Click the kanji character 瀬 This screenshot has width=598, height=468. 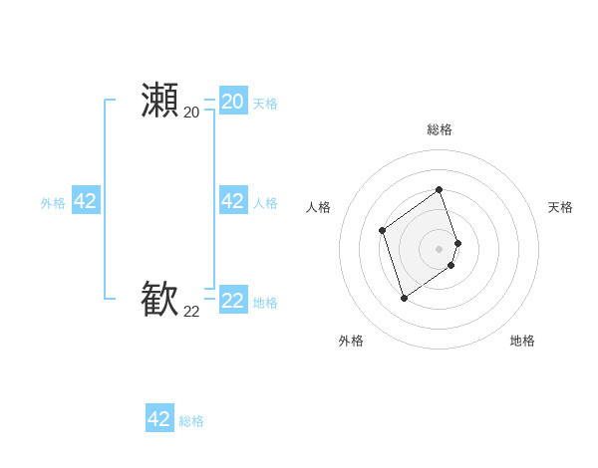click(x=159, y=101)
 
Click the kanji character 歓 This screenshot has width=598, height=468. click(x=159, y=299)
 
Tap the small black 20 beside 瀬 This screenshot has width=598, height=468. click(x=191, y=112)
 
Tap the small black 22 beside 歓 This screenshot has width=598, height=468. click(x=191, y=312)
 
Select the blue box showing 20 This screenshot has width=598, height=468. click(x=232, y=101)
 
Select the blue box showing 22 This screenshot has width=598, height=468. click(x=232, y=300)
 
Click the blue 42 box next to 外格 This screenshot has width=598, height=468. click(x=85, y=201)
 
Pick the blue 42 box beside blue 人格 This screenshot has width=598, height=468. click(x=232, y=201)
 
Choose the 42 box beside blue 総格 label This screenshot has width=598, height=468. click(x=159, y=419)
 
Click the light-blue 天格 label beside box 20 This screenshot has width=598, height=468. click(x=265, y=104)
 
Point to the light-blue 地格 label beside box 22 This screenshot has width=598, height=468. click(x=265, y=303)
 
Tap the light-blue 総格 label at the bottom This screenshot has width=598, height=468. click(x=191, y=422)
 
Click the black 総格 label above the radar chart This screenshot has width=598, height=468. click(x=440, y=129)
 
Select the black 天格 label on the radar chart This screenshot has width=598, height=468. click(x=560, y=207)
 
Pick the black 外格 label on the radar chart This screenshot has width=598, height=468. click(x=351, y=341)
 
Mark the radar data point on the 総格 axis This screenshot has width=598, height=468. click(x=440, y=189)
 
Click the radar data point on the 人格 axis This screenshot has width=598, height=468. click(x=383, y=231)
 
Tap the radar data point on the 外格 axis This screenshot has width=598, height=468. click(x=404, y=298)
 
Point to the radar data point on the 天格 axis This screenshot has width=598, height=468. click(x=458, y=243)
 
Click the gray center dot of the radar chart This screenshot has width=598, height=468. click(x=440, y=249)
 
